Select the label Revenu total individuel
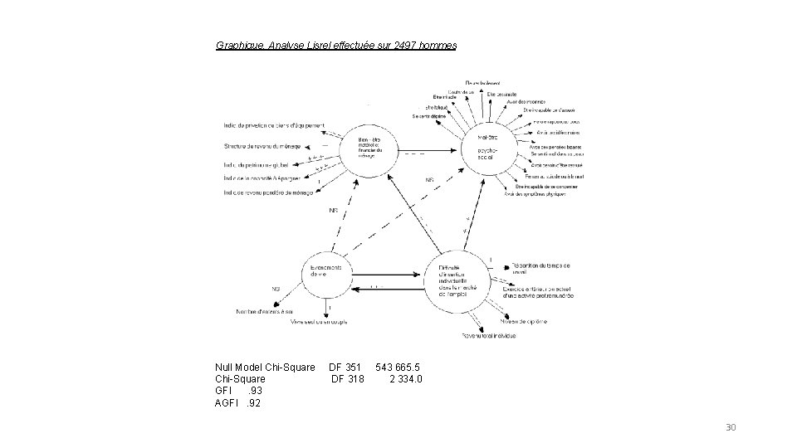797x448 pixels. (489, 335)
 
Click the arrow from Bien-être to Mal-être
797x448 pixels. (416, 153)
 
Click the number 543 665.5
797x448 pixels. (398, 367)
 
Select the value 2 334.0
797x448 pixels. (406, 379)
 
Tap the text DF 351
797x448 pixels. (345, 367)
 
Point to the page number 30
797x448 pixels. (731, 427)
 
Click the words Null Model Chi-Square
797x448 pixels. (265, 367)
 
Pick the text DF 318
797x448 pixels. (347, 379)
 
